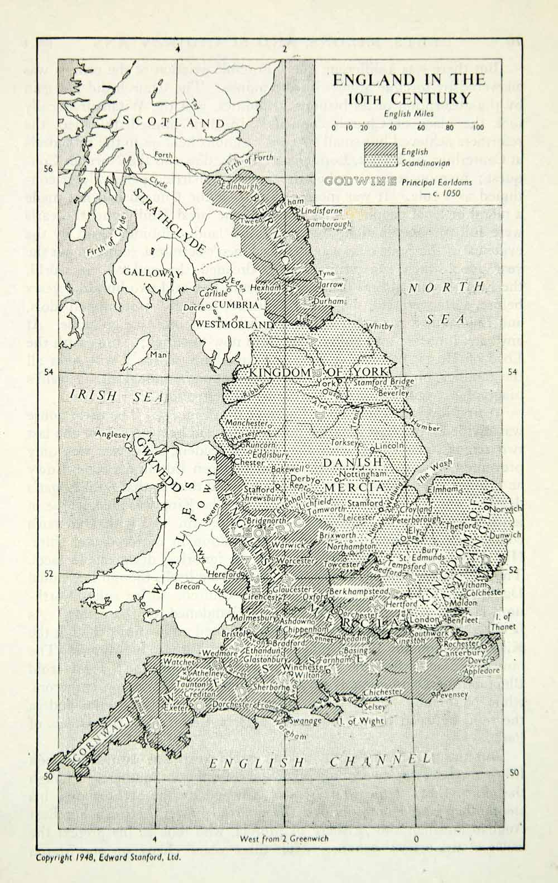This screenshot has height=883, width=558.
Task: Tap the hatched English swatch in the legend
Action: coord(380,150)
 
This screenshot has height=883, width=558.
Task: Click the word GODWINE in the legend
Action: coord(359,181)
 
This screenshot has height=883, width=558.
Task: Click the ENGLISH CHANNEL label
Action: coord(320,761)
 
